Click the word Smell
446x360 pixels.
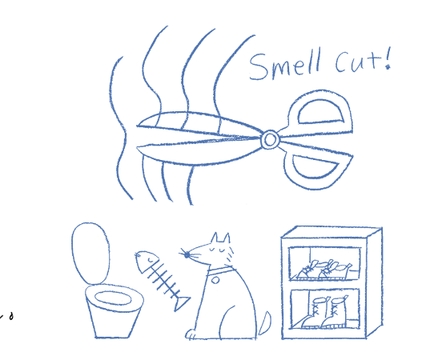tap(285, 65)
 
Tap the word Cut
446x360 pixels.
tap(358, 62)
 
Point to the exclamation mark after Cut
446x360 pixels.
tap(388, 59)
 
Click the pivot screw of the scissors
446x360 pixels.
tap(270, 139)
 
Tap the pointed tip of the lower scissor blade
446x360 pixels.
tap(138, 147)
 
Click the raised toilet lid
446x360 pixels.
tap(90, 253)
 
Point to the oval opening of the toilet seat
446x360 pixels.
tap(113, 298)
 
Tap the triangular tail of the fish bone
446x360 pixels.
tap(181, 303)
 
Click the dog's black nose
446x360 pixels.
tap(187, 255)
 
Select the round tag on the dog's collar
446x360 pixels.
tap(215, 281)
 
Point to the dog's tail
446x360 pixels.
tap(264, 323)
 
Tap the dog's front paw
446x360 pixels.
tap(191, 334)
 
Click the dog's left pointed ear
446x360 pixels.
tap(215, 238)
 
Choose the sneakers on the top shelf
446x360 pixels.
tap(324, 270)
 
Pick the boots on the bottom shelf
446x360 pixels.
tap(325, 313)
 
